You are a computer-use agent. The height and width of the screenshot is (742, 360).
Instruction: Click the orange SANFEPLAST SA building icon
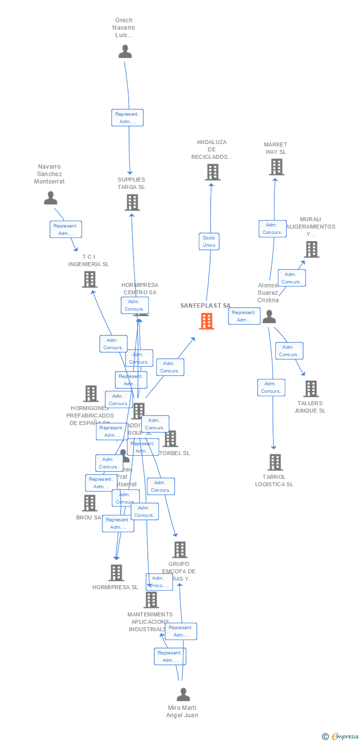click(x=207, y=321)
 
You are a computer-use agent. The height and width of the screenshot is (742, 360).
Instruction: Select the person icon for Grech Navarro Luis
click(x=125, y=51)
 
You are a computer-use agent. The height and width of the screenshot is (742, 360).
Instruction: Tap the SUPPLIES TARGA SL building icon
click(x=132, y=202)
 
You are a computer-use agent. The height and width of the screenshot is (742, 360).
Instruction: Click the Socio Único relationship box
click(x=209, y=241)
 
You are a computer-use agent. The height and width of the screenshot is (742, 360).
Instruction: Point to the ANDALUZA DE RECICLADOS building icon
click(x=212, y=172)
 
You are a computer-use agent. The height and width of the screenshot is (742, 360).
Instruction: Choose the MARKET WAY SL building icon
click(x=276, y=167)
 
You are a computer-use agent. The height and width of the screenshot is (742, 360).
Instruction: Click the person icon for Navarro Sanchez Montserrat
click(x=50, y=198)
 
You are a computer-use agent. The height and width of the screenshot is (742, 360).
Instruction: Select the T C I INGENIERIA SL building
click(x=90, y=279)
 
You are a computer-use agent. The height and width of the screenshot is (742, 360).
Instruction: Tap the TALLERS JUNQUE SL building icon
click(x=311, y=389)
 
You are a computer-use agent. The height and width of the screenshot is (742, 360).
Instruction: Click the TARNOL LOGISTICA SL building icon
click(x=275, y=462)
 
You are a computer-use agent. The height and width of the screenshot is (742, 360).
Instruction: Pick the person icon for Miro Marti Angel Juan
click(x=183, y=694)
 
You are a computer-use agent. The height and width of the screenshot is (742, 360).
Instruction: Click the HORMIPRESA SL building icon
click(x=116, y=572)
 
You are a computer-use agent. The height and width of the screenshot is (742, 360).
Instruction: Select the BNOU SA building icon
click(x=90, y=503)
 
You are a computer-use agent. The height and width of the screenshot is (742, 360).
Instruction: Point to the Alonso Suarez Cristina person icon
click(x=269, y=316)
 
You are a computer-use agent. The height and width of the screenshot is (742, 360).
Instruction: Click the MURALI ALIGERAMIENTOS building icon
click(x=311, y=249)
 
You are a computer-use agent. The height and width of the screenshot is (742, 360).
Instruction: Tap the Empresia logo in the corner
click(x=340, y=736)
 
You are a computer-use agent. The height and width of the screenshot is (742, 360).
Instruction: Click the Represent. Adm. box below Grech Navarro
click(x=128, y=118)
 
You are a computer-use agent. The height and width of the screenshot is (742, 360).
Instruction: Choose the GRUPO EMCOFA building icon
click(x=180, y=550)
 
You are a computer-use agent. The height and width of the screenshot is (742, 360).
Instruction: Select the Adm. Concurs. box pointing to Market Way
click(x=272, y=229)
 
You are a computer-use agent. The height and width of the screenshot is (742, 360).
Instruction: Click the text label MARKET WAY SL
click(x=275, y=148)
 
